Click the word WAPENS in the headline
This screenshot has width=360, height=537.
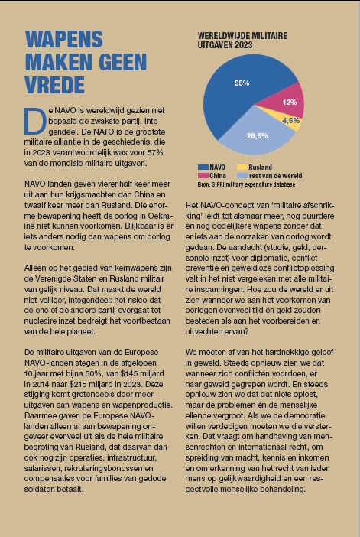[64, 39]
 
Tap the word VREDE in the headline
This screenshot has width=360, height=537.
[55, 85]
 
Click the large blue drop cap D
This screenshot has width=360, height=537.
[35, 122]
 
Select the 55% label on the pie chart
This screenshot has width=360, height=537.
[242, 83]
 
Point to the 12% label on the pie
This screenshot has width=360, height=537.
[290, 102]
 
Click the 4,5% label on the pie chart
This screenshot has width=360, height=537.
[291, 121]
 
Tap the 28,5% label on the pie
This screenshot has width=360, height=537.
[257, 136]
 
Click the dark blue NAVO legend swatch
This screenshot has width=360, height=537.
[203, 168]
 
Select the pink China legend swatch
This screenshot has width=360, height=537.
[203, 176]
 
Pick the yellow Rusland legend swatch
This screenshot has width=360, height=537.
[242, 168]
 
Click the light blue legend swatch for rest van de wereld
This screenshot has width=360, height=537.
[242, 176]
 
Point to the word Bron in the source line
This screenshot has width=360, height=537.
[203, 184]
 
